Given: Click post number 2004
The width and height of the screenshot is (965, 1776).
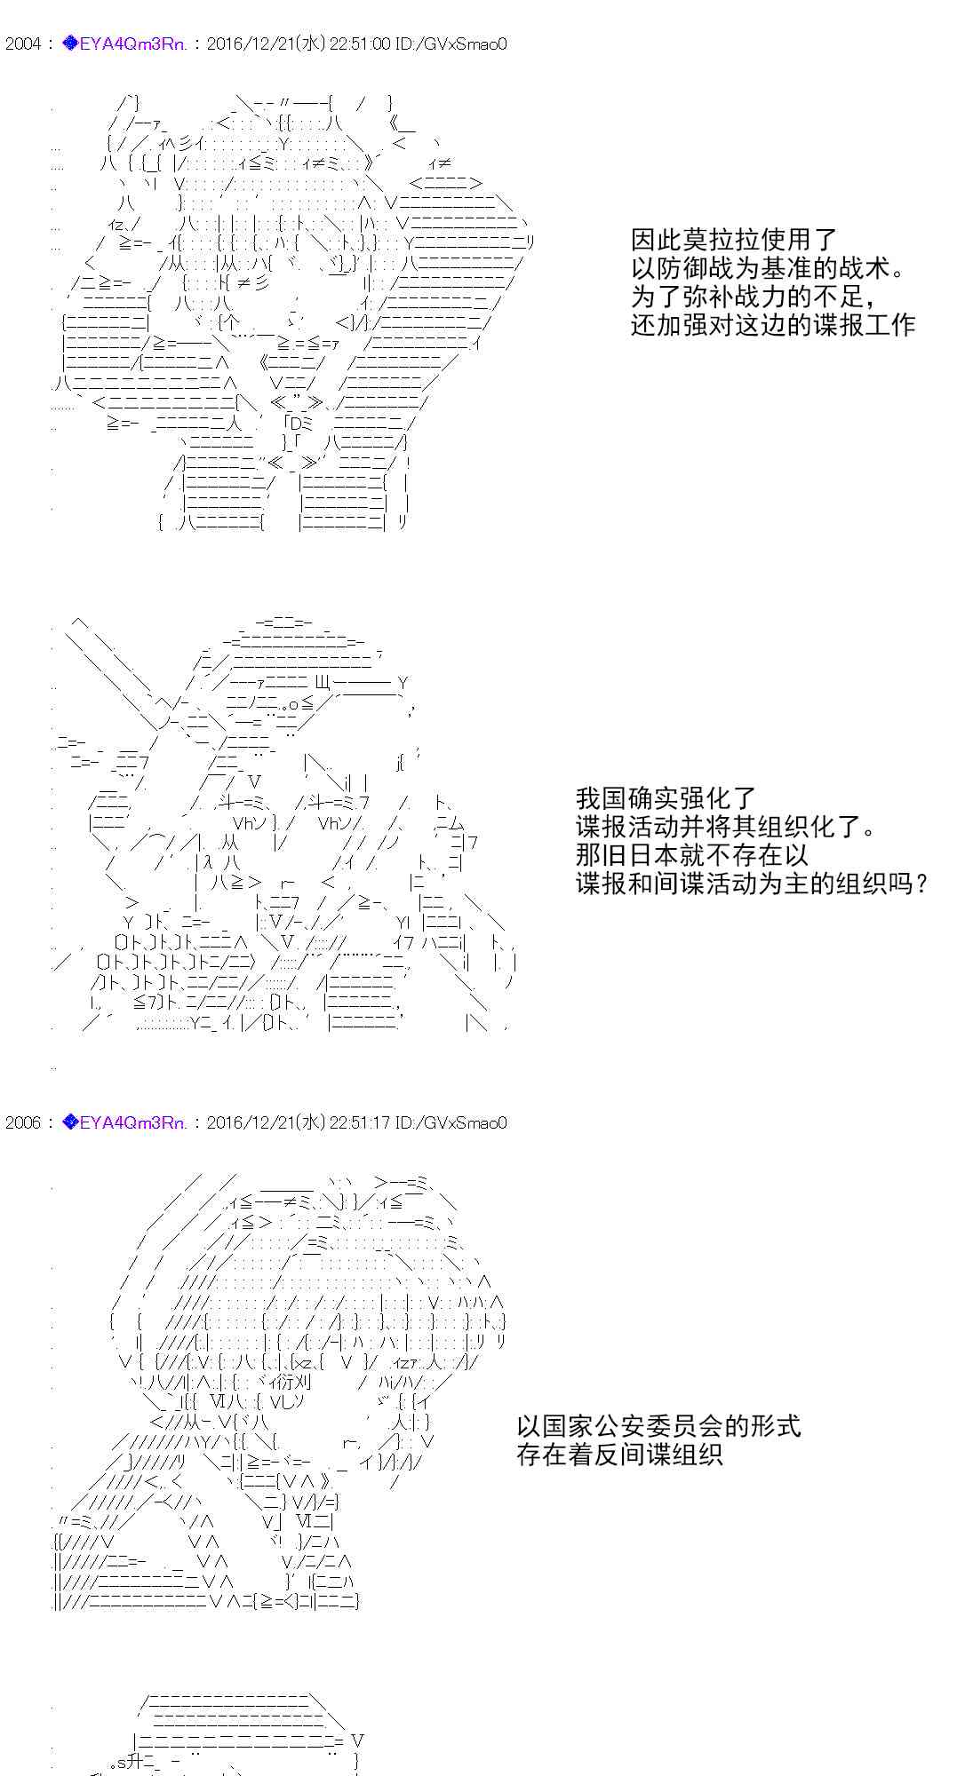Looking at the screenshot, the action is click(22, 44).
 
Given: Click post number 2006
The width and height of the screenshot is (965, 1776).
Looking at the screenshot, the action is click(22, 1122).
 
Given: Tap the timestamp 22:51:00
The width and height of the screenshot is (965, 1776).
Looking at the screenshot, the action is click(360, 44).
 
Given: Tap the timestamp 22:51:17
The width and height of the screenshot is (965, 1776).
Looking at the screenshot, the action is click(360, 1122).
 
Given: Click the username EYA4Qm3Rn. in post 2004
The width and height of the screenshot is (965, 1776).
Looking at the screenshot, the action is click(133, 44).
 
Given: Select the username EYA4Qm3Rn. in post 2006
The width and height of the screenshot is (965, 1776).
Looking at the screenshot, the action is click(133, 1122).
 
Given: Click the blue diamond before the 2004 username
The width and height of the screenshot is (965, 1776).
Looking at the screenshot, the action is click(70, 44).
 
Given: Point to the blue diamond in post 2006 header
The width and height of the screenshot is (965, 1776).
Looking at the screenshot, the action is click(70, 1122).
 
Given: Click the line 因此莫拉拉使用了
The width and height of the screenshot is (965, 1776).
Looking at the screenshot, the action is click(734, 239).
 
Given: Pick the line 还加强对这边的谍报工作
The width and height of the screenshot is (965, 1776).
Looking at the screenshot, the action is click(773, 324).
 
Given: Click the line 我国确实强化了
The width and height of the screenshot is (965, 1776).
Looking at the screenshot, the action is click(666, 797).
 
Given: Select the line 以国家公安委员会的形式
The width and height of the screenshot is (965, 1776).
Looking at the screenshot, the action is click(658, 1426).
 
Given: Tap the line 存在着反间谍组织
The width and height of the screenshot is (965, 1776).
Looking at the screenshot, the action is click(619, 1455).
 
